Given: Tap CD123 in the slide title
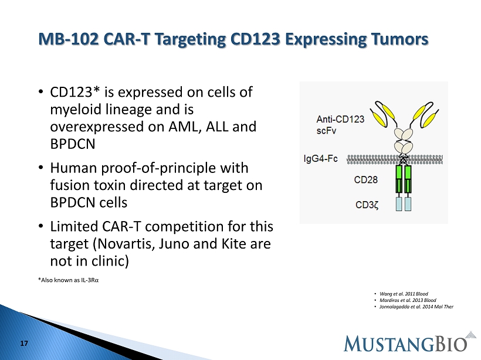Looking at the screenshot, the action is [x=255, y=39].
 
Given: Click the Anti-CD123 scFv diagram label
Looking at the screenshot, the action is [x=340, y=125].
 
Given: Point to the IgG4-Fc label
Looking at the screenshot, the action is [x=320, y=158].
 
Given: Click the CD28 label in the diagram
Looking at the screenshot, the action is [x=365, y=179].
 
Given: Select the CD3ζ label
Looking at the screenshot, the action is [x=367, y=205].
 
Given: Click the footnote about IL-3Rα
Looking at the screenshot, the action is [x=68, y=280].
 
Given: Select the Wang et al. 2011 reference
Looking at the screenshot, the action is [x=404, y=294].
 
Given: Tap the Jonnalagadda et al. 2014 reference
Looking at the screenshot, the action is [x=416, y=307].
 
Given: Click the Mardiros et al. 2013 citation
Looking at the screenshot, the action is [x=408, y=300].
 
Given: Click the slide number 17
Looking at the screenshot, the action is [x=24, y=344].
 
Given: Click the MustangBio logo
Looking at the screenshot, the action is [x=410, y=342].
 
